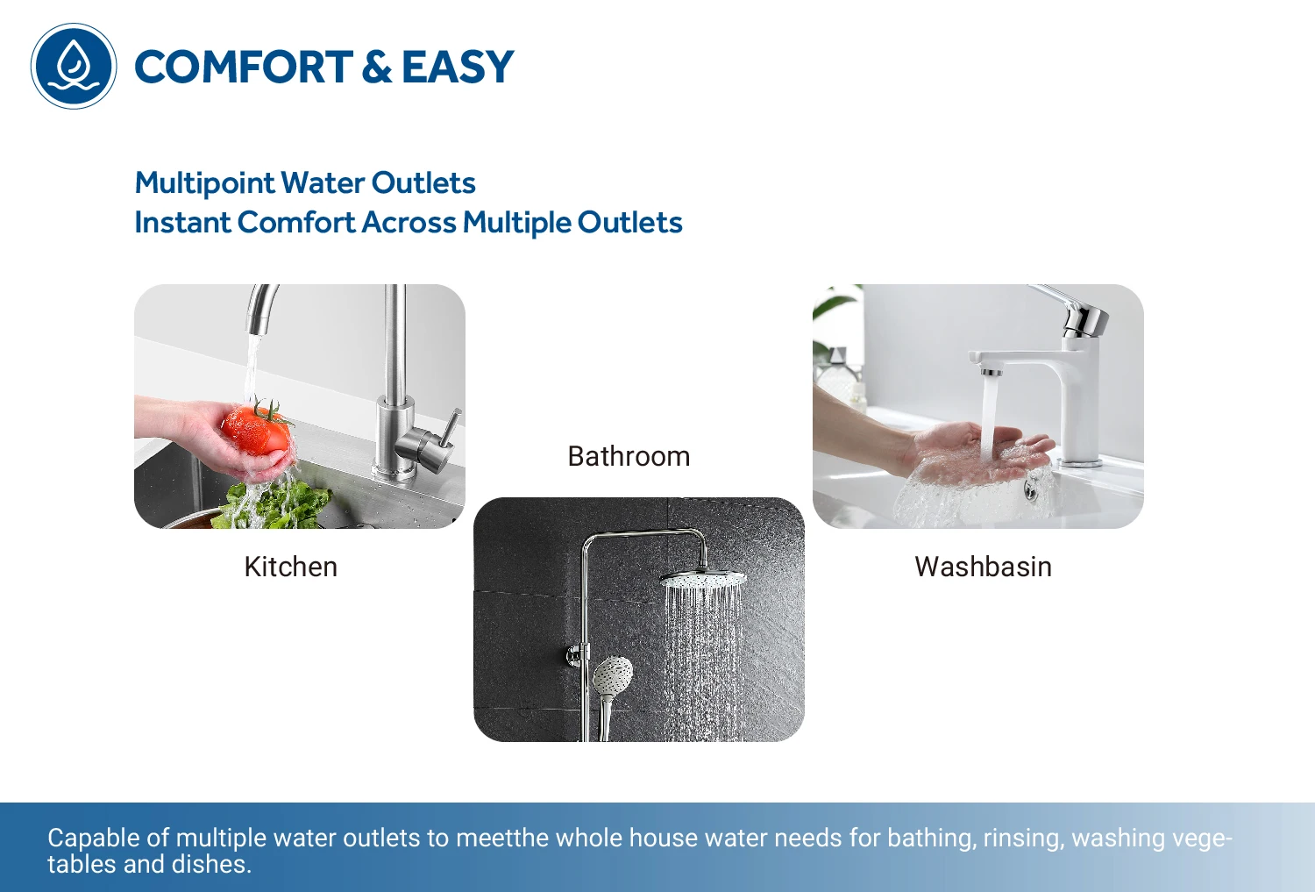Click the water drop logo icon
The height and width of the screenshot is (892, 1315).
point(74,66)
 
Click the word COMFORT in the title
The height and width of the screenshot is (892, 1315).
point(244,67)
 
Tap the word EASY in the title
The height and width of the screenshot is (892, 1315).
point(458,67)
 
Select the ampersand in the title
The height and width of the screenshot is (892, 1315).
point(377,67)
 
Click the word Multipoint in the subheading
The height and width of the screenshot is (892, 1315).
point(203,183)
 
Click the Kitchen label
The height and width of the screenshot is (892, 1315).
point(290,567)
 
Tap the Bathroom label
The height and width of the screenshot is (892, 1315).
point(629,456)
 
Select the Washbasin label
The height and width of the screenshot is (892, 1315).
point(984,567)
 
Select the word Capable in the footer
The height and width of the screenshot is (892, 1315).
point(94,838)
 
